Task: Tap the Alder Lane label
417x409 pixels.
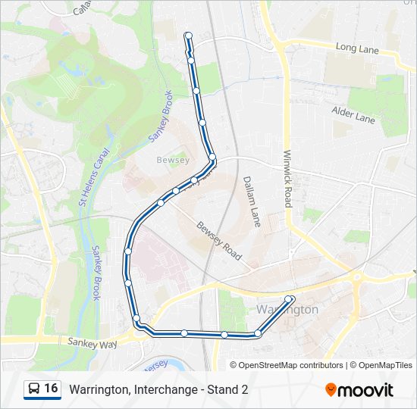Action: tap(353, 114)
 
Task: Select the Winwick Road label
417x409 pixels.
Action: tap(287, 177)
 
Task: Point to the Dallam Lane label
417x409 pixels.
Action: tap(252, 201)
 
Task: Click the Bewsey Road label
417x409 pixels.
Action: tap(218, 241)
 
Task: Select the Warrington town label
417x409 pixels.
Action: tap(287, 310)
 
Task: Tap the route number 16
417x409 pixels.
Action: tap(51, 389)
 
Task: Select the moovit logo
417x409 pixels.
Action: tap(359, 389)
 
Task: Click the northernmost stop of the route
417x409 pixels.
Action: tap(188, 36)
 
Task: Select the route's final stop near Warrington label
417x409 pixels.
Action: tap(290, 299)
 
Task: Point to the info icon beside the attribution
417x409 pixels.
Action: tap(234, 365)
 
